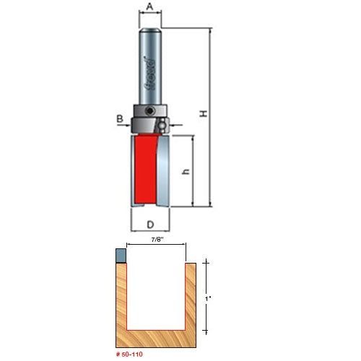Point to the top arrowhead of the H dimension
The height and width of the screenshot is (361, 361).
click(209, 30)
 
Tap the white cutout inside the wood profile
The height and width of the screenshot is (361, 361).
click(157, 292)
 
